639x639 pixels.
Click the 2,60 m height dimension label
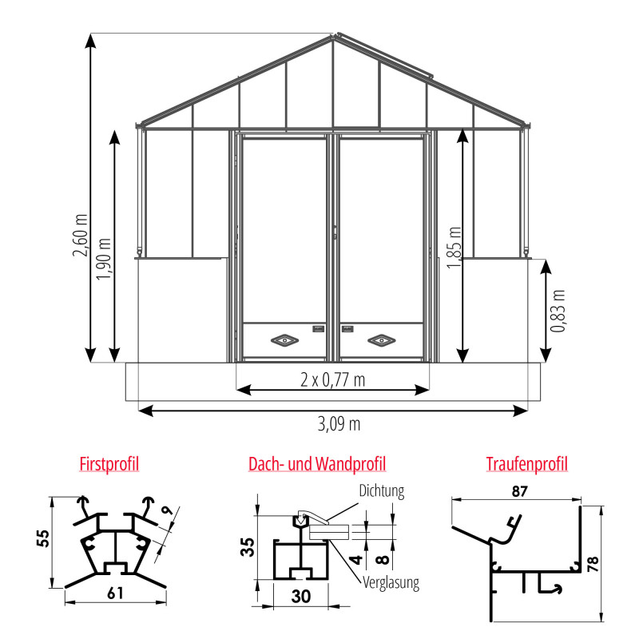click(81, 235)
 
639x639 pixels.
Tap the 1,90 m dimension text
click(104, 259)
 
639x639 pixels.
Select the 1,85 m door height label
click(454, 248)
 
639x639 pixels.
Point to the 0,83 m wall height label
click(558, 312)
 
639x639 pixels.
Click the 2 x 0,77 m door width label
click(332, 380)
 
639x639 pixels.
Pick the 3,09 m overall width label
click(339, 424)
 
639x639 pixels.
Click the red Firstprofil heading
click(109, 464)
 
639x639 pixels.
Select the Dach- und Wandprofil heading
click(317, 464)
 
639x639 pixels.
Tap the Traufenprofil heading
click(527, 464)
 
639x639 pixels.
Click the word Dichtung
click(382, 491)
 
